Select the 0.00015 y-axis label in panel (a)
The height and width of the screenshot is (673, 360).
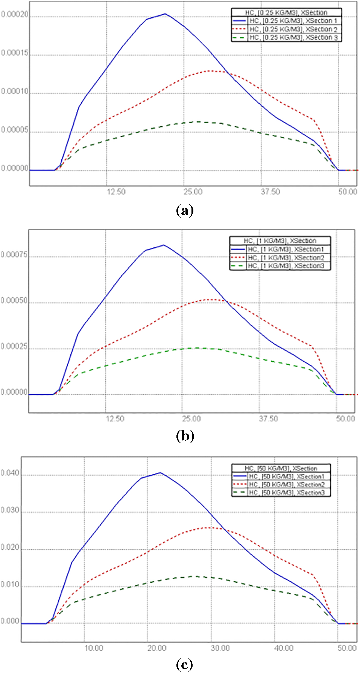[15, 53]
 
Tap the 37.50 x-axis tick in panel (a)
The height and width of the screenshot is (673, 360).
[270, 192]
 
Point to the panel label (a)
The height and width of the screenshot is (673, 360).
[184, 210]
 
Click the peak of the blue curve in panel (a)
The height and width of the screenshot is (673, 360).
[165, 14]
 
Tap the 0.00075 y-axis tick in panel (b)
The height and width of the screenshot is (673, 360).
[14, 255]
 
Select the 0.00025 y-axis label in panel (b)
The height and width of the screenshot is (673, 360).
[14, 347]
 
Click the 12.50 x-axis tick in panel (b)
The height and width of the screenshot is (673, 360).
[115, 418]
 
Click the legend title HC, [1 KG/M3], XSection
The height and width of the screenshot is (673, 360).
[280, 241]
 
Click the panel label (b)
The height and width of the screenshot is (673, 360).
[185, 436]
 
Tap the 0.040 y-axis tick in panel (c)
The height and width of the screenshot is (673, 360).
[10, 473]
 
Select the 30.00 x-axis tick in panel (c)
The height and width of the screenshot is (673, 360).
[220, 647]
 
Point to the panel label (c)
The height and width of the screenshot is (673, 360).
[184, 665]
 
